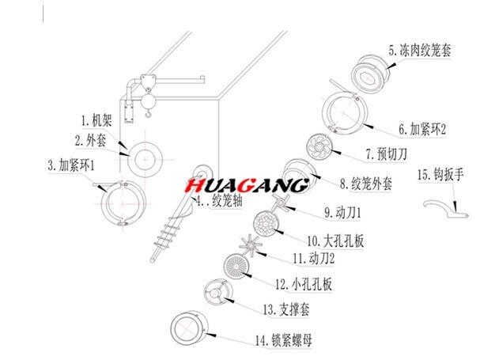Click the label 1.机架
pos(97,122)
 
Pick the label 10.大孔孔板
pos(337,238)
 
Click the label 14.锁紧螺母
pos(283,341)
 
